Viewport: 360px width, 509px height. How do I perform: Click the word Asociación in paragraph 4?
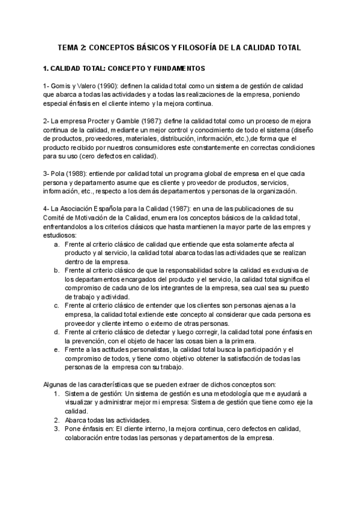point(79,208)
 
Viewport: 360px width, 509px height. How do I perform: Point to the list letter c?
point(56,306)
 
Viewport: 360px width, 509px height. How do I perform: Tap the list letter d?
point(56,332)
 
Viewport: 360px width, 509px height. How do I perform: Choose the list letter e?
point(56,349)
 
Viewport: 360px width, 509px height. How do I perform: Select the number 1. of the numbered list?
point(56,394)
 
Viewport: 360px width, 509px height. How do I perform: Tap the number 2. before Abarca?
point(56,420)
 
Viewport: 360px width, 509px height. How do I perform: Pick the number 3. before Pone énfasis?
point(56,429)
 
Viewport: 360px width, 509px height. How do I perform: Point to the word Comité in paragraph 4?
point(56,217)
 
